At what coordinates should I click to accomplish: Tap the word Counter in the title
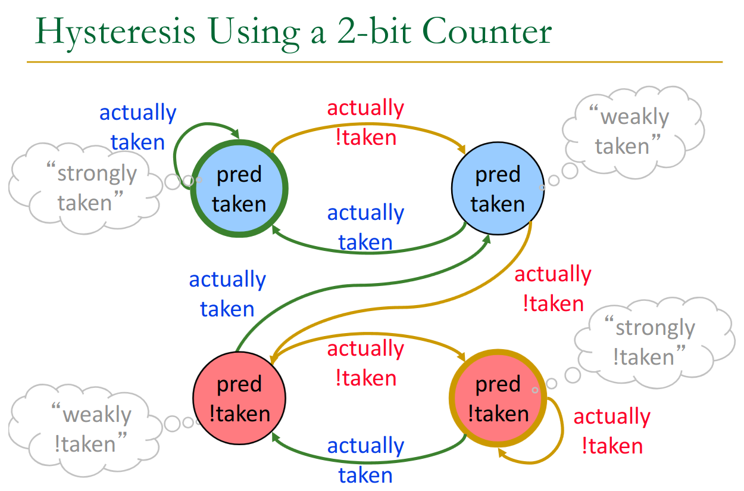pos(487,31)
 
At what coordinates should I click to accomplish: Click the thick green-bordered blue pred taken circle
pos(239,188)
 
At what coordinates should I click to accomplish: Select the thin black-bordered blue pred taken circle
pos(498,188)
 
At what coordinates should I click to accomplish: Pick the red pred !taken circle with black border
pos(239,398)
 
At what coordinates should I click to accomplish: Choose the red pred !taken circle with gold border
pos(498,398)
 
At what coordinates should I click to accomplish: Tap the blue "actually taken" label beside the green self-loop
pos(137,127)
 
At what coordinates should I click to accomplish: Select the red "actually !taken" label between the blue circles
pos(365,122)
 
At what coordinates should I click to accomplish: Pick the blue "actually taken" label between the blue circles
pos(365,227)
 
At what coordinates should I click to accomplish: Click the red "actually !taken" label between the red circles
pos(365,363)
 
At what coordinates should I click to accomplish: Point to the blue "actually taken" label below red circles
pos(365,460)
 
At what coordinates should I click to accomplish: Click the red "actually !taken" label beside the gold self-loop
pos(612,431)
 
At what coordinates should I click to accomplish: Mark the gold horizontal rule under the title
pos(374,62)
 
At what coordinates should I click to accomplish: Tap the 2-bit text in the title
pos(374,31)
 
